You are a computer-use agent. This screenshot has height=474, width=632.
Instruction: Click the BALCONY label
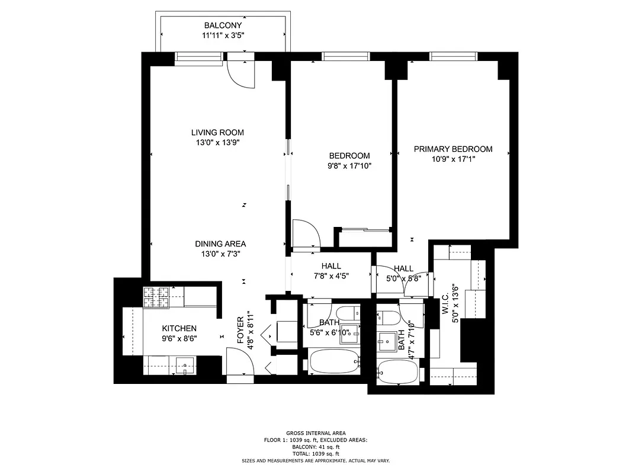[223, 25]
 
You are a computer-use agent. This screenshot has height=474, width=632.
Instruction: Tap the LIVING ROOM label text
[217, 133]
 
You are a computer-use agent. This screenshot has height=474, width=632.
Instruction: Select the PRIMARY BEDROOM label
[453, 149]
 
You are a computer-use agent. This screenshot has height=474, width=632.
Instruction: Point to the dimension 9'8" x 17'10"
[349, 166]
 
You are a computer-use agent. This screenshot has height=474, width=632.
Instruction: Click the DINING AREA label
[220, 244]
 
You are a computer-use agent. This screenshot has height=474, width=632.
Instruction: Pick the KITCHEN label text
[179, 328]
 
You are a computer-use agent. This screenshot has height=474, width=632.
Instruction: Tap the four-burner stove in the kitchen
[156, 297]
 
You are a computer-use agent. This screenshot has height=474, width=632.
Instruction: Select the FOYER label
[240, 331]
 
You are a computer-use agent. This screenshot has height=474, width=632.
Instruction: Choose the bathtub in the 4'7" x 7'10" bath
[397, 373]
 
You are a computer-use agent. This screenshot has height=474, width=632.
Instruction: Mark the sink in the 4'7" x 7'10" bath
[389, 341]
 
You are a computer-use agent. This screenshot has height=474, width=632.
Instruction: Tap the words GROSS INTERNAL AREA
[316, 433]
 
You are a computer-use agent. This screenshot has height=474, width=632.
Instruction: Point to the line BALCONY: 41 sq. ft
[316, 447]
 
